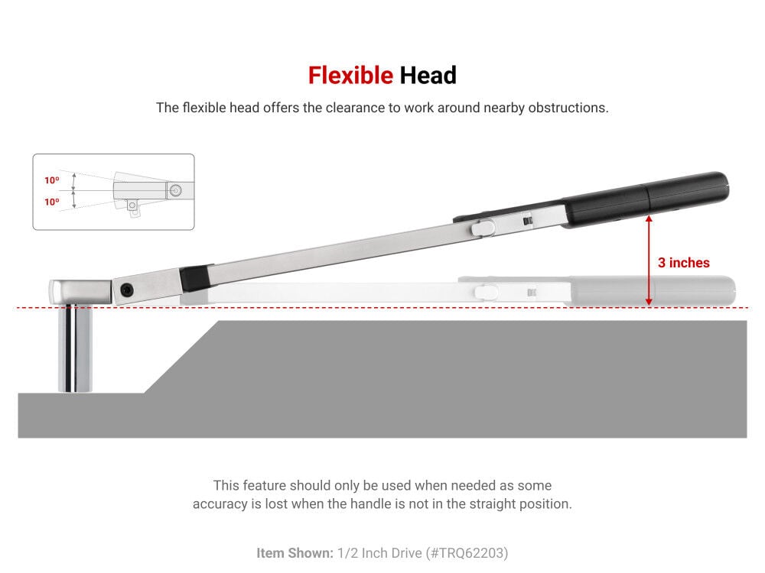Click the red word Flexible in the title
click(350, 76)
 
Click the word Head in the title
click(428, 76)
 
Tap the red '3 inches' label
click(683, 263)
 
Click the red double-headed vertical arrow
click(649, 261)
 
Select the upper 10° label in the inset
click(52, 180)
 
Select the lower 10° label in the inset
click(52, 202)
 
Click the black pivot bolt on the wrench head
click(127, 290)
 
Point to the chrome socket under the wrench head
click(75, 348)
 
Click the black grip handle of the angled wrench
click(645, 199)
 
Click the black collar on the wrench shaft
click(197, 278)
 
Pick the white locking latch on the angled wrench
click(483, 227)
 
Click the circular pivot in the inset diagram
click(176, 190)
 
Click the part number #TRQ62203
click(467, 553)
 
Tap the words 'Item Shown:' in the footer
click(295, 553)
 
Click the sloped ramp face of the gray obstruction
click(181, 357)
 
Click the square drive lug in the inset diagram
click(132, 206)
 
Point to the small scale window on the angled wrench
click(527, 222)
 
